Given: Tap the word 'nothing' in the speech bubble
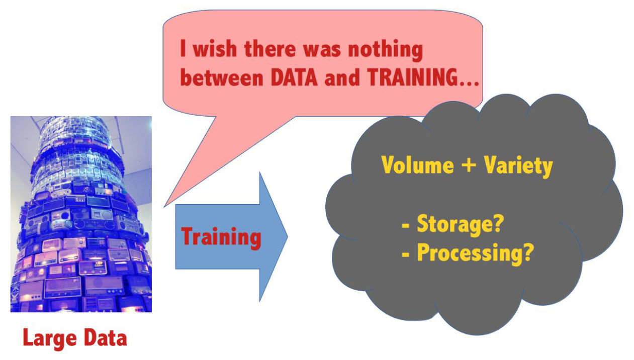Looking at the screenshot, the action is point(386,50).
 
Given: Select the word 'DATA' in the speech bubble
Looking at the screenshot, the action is point(294,77).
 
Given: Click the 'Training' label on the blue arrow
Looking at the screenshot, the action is point(221,238).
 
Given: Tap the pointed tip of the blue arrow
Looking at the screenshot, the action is point(288,237).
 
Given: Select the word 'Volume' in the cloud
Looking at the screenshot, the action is point(417,165).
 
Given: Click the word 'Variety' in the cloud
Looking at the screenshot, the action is point(518,167).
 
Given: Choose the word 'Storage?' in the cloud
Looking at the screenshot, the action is point(460,225).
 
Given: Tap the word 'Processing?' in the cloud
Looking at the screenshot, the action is point(475,253).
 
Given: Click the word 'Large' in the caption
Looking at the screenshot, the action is point(50,338).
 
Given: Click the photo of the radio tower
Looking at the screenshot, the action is point(81,214).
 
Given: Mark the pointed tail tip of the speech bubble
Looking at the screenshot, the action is point(164,207).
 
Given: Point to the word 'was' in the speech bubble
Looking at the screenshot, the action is point(322,51).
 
